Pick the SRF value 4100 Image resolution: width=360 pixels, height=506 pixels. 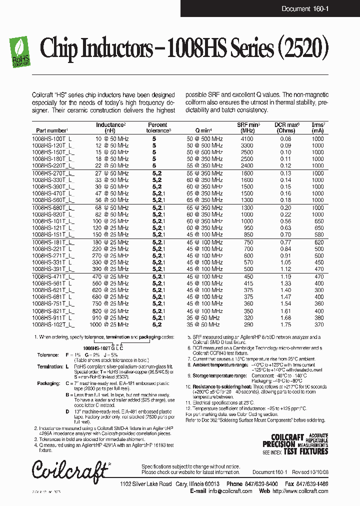247,138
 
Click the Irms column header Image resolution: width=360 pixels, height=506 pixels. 318,127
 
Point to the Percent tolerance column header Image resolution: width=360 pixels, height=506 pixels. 157,127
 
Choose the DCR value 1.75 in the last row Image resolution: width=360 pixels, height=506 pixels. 285,324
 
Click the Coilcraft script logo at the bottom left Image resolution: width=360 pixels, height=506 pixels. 69,469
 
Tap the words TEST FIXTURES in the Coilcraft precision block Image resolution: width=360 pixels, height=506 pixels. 305,451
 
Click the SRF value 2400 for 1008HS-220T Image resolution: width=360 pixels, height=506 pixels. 247,165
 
